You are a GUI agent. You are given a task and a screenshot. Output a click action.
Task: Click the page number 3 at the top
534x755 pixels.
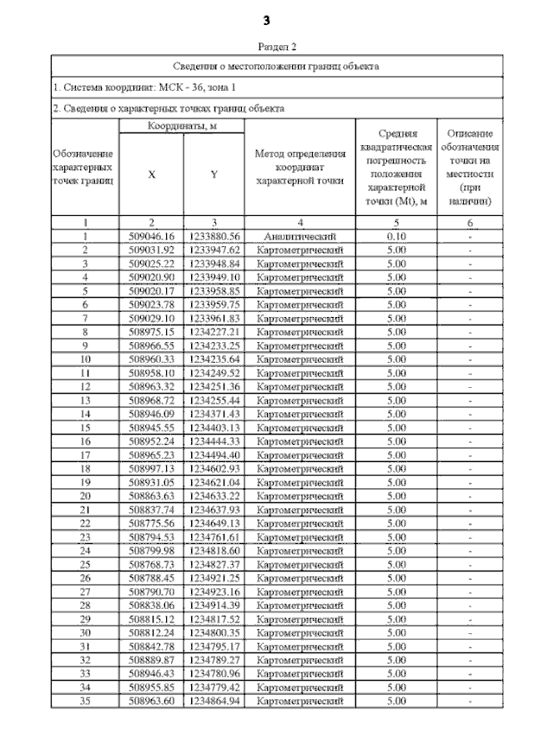click(x=267, y=18)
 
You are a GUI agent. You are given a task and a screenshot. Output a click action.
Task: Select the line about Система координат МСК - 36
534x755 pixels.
click(x=139, y=87)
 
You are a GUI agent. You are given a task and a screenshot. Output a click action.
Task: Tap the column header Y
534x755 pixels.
click(x=214, y=174)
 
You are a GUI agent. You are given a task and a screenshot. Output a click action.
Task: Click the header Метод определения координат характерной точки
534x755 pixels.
click(x=300, y=167)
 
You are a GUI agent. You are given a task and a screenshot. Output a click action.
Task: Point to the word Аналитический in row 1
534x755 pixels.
click(x=300, y=236)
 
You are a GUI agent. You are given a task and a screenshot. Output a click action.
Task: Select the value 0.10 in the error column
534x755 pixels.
click(x=396, y=236)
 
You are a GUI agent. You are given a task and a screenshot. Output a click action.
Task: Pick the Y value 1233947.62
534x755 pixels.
click(x=214, y=249)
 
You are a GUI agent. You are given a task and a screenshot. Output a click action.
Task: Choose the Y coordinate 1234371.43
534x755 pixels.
click(x=214, y=413)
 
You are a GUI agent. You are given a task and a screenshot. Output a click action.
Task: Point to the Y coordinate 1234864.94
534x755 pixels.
click(x=214, y=700)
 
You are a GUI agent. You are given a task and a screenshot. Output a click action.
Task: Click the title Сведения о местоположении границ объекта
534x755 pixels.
click(x=276, y=64)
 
